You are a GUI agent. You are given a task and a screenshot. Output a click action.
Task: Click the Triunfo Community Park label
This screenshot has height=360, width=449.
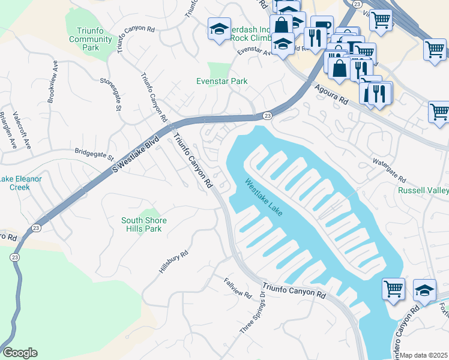point(91,40)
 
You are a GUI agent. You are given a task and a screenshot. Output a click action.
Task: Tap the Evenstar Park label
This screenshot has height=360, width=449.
point(222,82)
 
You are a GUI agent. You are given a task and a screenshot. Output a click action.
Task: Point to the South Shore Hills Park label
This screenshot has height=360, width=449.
point(144,224)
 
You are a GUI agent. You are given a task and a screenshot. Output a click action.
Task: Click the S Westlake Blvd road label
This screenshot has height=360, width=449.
point(136,154)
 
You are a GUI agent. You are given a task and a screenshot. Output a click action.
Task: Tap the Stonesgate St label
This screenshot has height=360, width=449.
point(110,94)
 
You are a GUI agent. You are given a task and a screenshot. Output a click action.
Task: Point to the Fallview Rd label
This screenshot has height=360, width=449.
point(238,287)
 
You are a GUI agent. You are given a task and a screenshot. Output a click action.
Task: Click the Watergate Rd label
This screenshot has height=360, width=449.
point(389,172)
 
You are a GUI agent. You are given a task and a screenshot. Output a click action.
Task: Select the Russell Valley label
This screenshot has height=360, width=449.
point(424,191)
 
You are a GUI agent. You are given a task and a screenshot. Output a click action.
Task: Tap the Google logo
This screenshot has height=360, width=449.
point(20,353)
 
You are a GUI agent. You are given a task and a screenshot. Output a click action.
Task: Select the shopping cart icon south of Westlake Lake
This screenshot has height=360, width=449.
point(393,289)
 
